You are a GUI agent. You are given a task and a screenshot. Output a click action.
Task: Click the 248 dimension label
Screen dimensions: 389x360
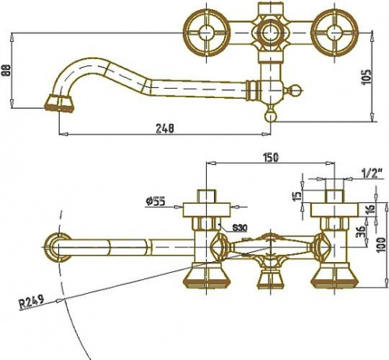point(165,128)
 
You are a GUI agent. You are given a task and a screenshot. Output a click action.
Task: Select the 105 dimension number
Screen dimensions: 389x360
point(366,77)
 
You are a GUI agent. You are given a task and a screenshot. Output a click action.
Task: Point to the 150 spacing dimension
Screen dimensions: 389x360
point(271,157)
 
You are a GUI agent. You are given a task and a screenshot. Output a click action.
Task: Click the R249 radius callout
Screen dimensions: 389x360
point(32,302)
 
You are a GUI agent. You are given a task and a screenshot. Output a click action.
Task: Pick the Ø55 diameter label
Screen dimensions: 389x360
point(155,201)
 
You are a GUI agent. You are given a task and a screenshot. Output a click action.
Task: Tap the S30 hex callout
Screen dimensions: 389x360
point(240,228)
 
